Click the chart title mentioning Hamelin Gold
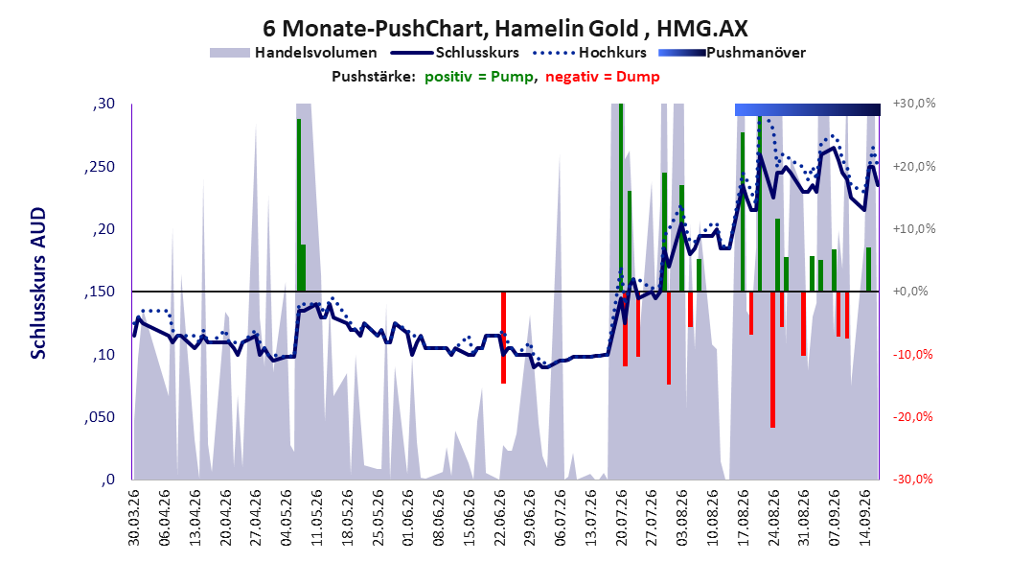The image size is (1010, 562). (505, 29)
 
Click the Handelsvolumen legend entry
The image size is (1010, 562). (294, 53)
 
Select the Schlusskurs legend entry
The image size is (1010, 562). (455, 53)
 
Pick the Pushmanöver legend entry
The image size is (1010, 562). (732, 53)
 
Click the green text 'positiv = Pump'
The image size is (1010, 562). (479, 77)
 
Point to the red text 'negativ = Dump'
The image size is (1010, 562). (603, 77)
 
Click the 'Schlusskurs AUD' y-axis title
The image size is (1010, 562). (38, 283)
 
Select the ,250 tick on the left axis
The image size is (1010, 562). (100, 167)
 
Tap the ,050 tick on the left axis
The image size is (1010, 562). (100, 417)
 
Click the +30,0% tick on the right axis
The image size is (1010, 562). (914, 104)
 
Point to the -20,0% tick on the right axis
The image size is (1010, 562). (912, 417)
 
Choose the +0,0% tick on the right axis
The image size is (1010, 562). (910, 292)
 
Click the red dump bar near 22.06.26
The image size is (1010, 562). (504, 338)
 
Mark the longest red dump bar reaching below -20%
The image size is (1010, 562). (772, 360)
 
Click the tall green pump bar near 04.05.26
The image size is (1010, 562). (299, 205)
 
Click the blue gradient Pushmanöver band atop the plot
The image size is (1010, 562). (808, 109)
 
